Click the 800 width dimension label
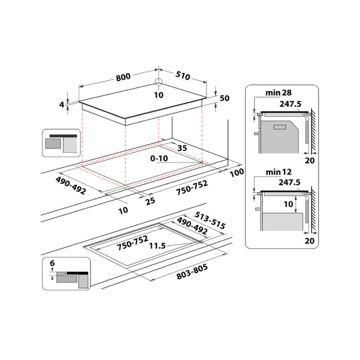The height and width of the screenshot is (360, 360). pyautogui.click(x=123, y=77)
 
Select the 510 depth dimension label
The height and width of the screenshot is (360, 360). pyautogui.click(x=183, y=75)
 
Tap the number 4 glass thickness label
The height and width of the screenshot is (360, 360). pyautogui.click(x=61, y=105)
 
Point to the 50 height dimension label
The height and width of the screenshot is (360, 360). pyautogui.click(x=224, y=98)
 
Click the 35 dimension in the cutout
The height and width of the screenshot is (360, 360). pyautogui.click(x=182, y=148)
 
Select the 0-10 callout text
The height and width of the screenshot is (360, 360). pyautogui.click(x=159, y=158)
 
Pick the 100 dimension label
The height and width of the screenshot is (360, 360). pyautogui.click(x=237, y=172)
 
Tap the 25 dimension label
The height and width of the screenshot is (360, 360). pyautogui.click(x=150, y=201)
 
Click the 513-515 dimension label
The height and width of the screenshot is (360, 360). pyautogui.click(x=210, y=221)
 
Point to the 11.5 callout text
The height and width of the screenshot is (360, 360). pyautogui.click(x=157, y=246)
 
